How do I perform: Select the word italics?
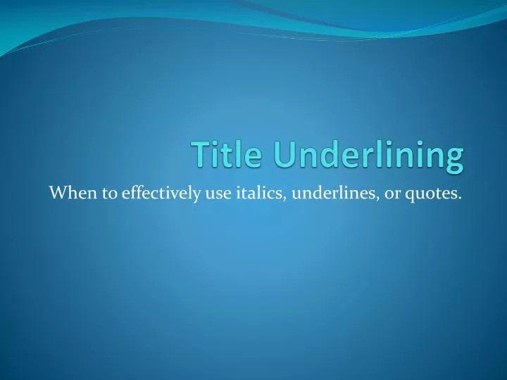click(259, 191)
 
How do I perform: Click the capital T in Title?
click(200, 156)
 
